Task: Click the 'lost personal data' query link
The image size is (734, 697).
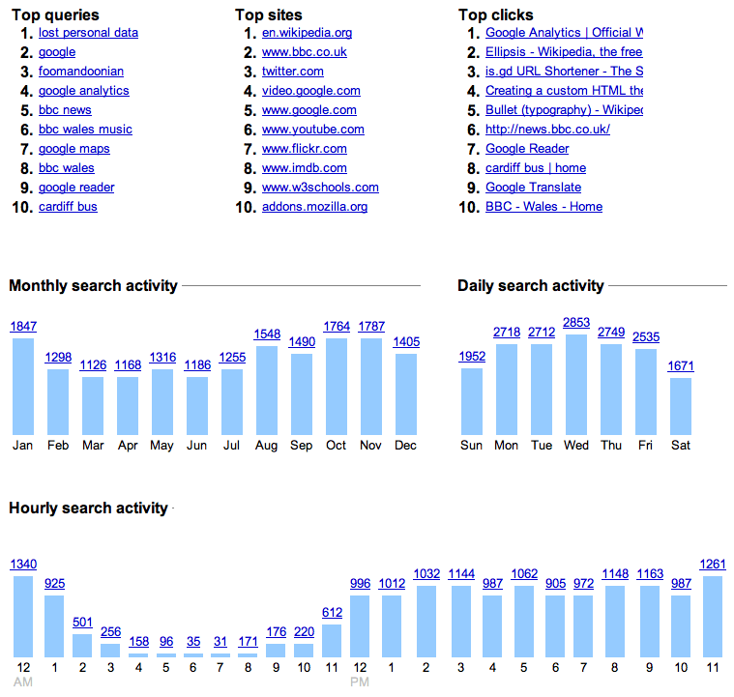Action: pos(88,33)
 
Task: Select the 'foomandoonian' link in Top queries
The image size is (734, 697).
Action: pos(81,72)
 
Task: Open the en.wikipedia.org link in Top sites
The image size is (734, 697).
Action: pos(307,33)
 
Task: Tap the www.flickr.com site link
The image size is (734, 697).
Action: pos(305,149)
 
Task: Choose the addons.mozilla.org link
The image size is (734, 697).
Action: pos(314,207)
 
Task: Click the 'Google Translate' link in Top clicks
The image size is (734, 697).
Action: pos(533,188)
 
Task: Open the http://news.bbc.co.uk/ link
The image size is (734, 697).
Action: pos(547,130)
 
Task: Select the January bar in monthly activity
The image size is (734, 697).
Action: pos(23,386)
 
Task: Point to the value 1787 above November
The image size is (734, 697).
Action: pos(371,327)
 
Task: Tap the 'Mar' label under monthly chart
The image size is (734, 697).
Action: pos(93,446)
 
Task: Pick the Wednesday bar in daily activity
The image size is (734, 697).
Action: pos(576,384)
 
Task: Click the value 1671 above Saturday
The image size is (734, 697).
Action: pos(681,366)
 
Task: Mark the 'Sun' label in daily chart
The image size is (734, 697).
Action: pos(472,446)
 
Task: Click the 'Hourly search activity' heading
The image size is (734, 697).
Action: pos(88,508)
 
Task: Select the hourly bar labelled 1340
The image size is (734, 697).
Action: pos(23,617)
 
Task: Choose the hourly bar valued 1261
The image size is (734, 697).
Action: pos(714,617)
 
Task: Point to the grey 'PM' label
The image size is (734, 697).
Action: pos(360,683)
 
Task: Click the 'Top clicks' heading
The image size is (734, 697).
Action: pos(495,15)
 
